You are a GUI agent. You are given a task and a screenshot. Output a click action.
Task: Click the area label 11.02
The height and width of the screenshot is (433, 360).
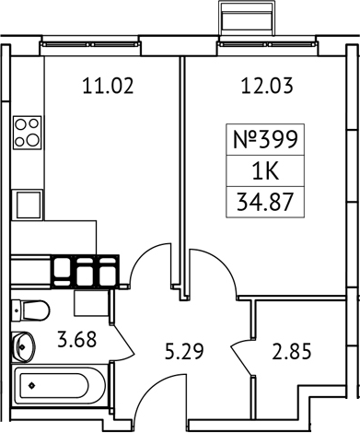[x=109, y=88]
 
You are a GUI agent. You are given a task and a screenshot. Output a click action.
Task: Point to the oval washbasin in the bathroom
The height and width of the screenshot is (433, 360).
[x=23, y=346]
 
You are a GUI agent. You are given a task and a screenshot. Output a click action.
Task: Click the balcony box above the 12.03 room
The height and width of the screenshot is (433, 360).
[x=248, y=19]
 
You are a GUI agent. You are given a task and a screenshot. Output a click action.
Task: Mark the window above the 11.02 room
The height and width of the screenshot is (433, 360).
[x=107, y=45]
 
